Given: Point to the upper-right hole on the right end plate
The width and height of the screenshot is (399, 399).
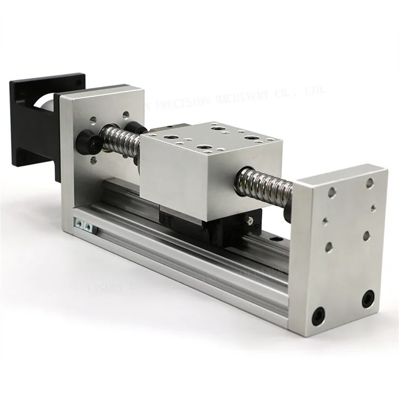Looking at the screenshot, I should point(370,183).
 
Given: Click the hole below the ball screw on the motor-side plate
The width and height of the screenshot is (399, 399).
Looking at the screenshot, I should point(94,160).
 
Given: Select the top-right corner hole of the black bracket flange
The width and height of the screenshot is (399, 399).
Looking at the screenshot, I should point(79,81).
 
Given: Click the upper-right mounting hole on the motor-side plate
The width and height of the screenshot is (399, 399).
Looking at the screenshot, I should point(126,114).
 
